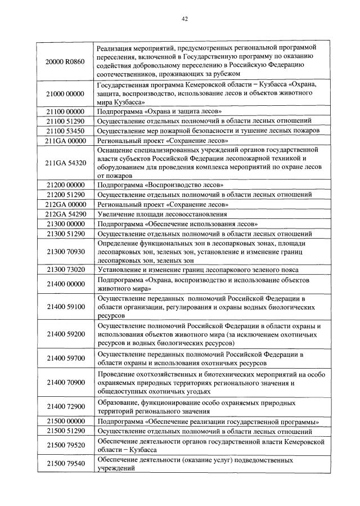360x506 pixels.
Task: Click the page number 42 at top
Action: pyautogui.click(x=184, y=19)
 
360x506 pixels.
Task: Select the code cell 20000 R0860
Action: pyautogui.click(x=65, y=61)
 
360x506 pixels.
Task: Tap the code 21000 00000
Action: pyautogui.click(x=65, y=93)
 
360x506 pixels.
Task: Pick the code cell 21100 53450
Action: pyautogui.click(x=65, y=130)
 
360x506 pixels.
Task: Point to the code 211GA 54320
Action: pyautogui.click(x=65, y=163)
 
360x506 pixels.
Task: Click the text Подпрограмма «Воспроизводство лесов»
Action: pyautogui.click(x=160, y=185)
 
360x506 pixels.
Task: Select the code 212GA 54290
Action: pyautogui.click(x=65, y=214)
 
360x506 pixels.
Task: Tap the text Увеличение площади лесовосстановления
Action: pyautogui.click(x=162, y=214)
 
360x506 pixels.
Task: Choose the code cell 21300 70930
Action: pyautogui.click(x=65, y=251)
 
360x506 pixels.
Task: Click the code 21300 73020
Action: pyautogui.click(x=65, y=270)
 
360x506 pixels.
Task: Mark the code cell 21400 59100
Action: pyautogui.click(x=65, y=307)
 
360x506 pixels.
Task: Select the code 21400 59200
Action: pyautogui.click(x=65, y=334)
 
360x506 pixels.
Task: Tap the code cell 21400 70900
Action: pyautogui.click(x=65, y=383)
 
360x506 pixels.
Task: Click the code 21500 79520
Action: pyautogui.click(x=65, y=445)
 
